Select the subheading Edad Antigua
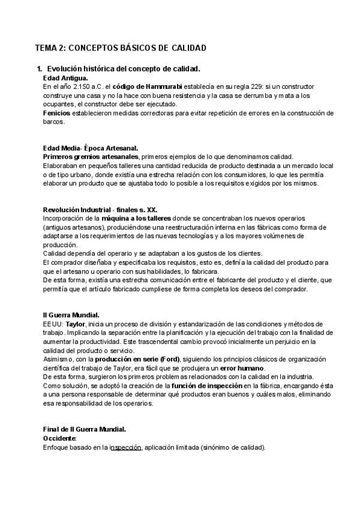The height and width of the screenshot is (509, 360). click(x=66, y=78)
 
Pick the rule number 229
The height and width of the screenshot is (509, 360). click(x=250, y=87)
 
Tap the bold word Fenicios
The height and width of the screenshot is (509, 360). click(x=57, y=113)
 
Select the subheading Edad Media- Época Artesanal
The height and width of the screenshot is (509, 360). click(x=90, y=148)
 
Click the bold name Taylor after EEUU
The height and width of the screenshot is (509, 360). click(x=76, y=324)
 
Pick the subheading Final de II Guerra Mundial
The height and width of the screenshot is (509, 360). click(x=84, y=430)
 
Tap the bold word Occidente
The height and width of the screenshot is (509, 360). click(x=60, y=439)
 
